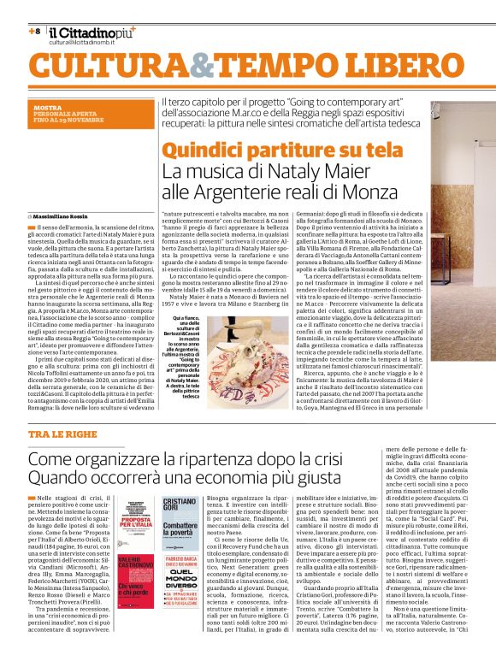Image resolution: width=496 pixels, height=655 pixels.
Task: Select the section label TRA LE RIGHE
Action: click(63, 435)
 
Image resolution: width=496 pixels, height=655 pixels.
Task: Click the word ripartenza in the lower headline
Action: click(211, 460)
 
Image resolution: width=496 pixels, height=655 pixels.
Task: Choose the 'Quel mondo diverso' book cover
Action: click(180, 590)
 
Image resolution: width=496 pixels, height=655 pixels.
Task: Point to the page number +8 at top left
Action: click(34, 32)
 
